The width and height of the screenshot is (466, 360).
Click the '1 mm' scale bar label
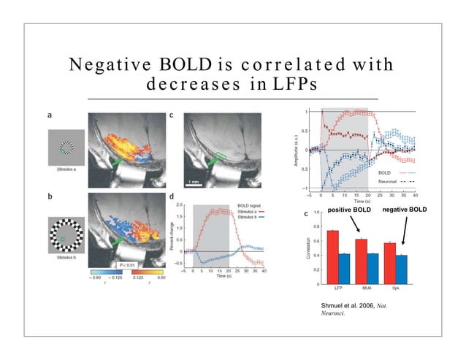[x=192, y=180]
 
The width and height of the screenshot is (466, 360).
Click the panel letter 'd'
[x=171, y=197]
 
